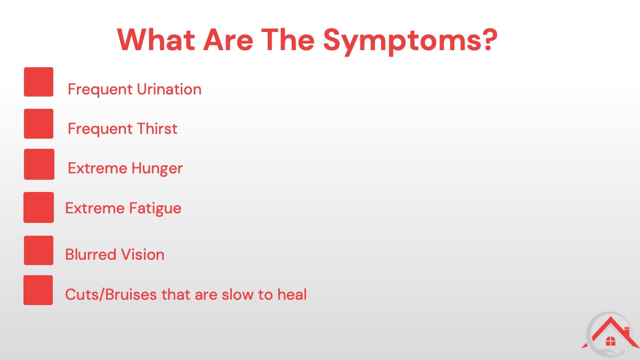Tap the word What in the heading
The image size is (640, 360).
[156, 39]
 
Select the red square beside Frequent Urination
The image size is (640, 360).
[38, 82]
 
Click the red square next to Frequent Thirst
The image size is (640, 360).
[38, 124]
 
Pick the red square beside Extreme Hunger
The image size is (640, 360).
[39, 164]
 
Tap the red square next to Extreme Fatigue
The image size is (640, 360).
[38, 207]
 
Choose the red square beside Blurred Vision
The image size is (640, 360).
[38, 250]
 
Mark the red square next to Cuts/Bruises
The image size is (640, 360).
[38, 290]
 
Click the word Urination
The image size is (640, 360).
[169, 89]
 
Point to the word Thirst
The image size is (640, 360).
[157, 129]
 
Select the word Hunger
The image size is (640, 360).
[157, 169]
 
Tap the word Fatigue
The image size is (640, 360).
[155, 209]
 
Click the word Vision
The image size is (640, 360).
[142, 254]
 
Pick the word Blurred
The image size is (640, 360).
[91, 254]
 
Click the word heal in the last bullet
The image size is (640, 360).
[292, 294]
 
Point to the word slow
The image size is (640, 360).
[237, 294]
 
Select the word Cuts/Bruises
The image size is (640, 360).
[111, 294]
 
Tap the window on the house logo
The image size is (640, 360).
[611, 341]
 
